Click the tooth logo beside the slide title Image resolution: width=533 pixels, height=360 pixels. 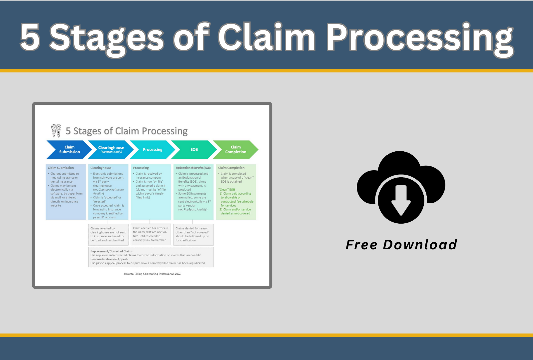[x=56, y=131]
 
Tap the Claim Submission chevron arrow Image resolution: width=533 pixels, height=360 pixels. [x=69, y=150]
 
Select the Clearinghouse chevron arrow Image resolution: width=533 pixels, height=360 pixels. [x=111, y=150]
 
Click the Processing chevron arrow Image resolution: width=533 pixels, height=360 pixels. [x=153, y=150]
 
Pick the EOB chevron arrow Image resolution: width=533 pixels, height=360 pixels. [x=194, y=150]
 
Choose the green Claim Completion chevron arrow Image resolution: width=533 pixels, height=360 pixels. [x=236, y=150]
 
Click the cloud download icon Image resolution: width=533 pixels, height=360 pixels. [x=401, y=187]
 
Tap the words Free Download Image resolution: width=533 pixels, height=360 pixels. [x=401, y=245]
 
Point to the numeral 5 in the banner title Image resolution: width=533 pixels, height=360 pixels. [x=30, y=37]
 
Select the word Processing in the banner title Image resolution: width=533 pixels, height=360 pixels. [x=420, y=40]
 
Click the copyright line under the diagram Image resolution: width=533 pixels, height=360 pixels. [x=152, y=274]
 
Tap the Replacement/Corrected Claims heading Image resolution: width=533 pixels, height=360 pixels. [x=111, y=251]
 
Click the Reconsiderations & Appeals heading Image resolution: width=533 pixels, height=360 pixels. [x=109, y=259]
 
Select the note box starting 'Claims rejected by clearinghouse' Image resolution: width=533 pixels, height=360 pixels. [x=108, y=235]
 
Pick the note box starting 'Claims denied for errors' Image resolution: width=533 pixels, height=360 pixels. [x=151, y=234]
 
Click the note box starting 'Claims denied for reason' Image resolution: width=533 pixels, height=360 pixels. [x=194, y=235]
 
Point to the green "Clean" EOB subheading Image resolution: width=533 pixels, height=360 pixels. [x=227, y=190]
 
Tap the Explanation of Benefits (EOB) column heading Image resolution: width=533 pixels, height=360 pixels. [x=193, y=168]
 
